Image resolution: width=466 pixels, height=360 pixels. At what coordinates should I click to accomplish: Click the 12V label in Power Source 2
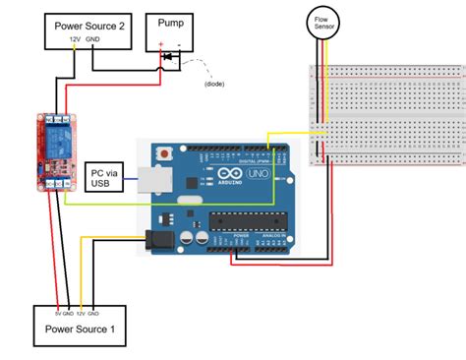point(74,40)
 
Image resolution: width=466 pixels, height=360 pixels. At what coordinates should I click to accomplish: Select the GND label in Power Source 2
point(92,40)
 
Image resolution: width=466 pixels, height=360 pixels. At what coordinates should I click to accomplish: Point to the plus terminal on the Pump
point(160,43)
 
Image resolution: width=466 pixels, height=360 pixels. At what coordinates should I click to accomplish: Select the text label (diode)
point(212,84)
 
